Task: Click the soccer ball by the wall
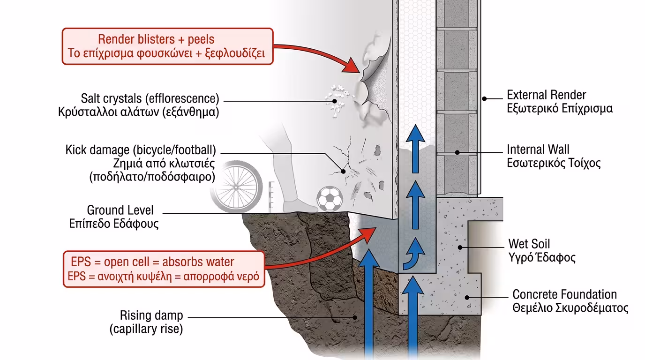point(330,199)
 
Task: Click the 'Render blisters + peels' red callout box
point(167,46)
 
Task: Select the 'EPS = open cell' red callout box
point(164,269)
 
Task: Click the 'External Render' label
point(546,95)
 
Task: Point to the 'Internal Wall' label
point(538,150)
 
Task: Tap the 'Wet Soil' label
point(529,244)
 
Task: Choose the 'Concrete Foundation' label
point(564,295)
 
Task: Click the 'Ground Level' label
point(120,210)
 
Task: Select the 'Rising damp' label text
point(151,315)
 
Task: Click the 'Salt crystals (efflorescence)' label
point(150,99)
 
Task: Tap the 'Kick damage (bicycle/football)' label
point(141,150)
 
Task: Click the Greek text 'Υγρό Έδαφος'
point(542,257)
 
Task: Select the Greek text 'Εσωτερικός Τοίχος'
point(554,163)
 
